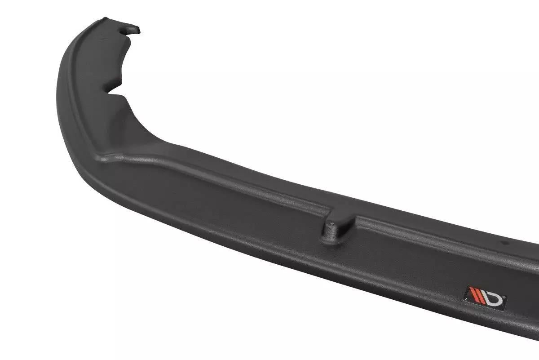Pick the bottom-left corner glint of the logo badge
point(466,299)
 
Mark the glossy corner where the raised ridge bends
point(106,157)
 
